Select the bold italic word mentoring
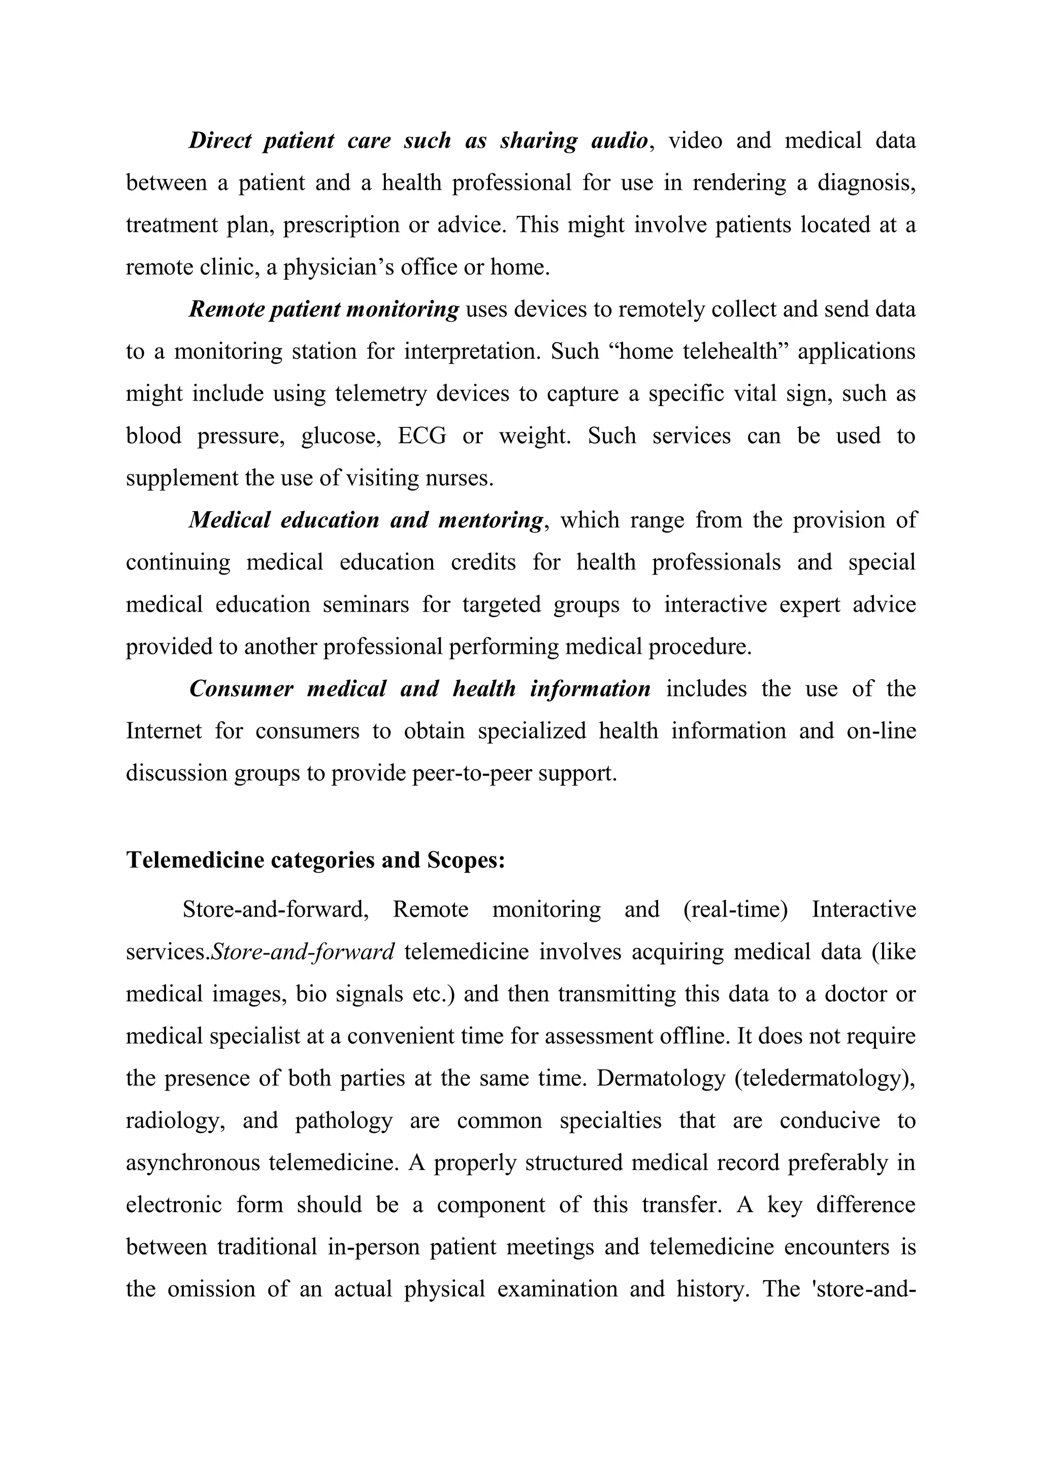click(x=491, y=520)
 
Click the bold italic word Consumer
click(x=241, y=689)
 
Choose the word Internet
click(x=164, y=731)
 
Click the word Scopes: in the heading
click(x=466, y=860)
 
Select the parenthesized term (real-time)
click(x=735, y=910)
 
